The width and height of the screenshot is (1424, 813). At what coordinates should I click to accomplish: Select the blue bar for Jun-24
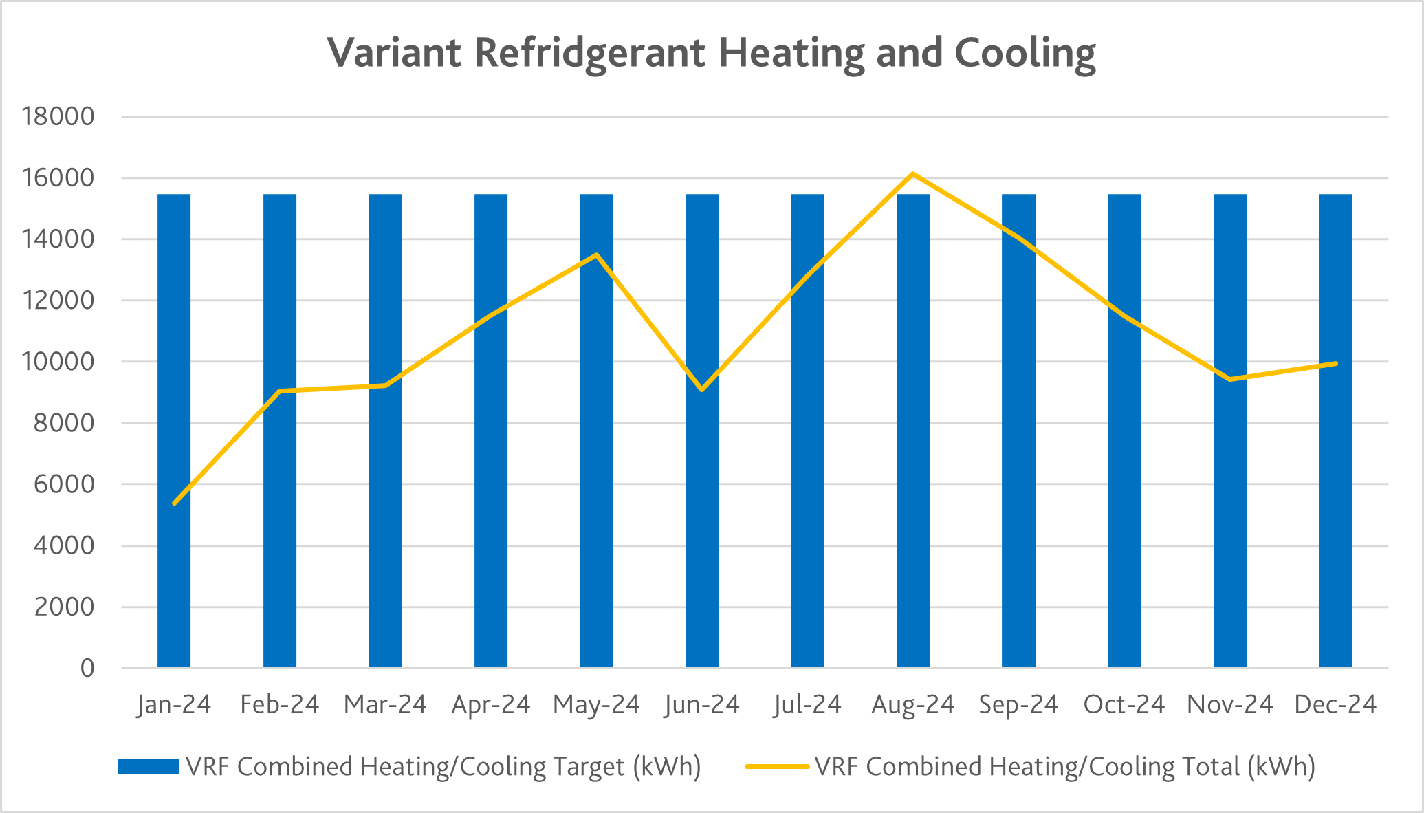click(702, 550)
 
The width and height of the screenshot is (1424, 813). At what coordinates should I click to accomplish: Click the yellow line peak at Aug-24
click(912, 174)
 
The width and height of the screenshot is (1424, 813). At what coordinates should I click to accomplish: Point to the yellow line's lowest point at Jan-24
click(175, 503)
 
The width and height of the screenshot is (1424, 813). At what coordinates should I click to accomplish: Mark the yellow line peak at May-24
click(596, 255)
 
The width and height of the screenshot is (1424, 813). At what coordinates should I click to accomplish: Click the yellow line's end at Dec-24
click(1335, 363)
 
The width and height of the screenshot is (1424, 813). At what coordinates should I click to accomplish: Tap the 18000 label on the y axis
click(58, 116)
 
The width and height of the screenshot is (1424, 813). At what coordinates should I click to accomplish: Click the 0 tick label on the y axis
click(87, 668)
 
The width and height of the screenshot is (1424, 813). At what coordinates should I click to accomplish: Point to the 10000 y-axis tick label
click(58, 361)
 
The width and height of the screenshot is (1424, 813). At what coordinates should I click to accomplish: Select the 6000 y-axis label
click(65, 484)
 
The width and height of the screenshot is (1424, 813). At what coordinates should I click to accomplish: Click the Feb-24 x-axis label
click(280, 705)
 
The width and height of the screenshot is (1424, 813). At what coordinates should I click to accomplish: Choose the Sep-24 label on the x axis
click(1018, 705)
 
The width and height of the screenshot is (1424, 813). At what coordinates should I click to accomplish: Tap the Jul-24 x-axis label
click(807, 705)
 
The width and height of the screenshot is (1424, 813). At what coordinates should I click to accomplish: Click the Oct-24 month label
click(1124, 705)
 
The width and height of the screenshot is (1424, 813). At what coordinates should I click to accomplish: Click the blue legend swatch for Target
click(148, 766)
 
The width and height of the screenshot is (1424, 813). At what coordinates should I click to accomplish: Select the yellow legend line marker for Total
click(777, 766)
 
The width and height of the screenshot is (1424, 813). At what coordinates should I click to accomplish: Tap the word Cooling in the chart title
click(1025, 53)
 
